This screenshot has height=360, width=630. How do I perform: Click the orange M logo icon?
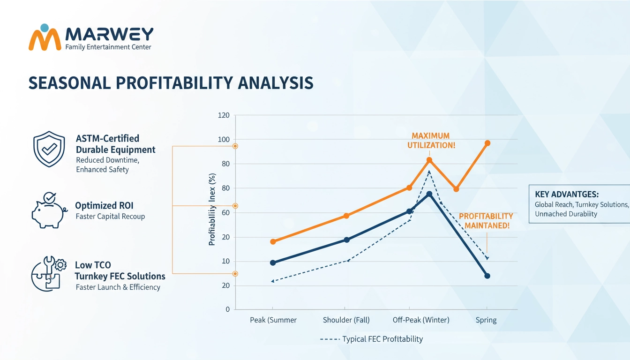pos(45,37)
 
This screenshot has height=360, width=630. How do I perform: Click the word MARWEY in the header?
pos(109,34)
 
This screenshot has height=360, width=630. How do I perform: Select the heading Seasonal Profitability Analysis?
pos(171,82)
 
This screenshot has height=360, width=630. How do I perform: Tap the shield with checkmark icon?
pos(49,150)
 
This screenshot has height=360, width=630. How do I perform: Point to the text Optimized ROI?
pos(104,205)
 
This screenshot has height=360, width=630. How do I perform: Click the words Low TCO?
pos(93,265)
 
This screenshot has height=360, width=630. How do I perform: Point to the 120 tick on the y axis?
pos(224,115)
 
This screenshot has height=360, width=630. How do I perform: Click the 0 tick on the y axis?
pos(227,309)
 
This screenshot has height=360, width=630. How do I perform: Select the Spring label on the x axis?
pos(487,320)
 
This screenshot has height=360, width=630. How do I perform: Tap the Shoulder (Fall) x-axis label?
pos(346,320)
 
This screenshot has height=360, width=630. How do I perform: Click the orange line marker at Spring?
pos(487,143)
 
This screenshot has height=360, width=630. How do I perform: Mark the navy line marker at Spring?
pos(487,276)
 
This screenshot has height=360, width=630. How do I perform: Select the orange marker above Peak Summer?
pos(273,241)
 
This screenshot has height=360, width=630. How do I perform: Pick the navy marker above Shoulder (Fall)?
pos(346,240)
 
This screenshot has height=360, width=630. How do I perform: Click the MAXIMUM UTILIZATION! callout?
pos(430,141)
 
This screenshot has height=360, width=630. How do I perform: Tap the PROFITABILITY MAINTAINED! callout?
pos(486,221)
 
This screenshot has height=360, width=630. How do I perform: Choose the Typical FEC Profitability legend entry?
pos(371,339)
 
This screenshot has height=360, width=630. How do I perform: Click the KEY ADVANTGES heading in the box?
pos(567,194)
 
